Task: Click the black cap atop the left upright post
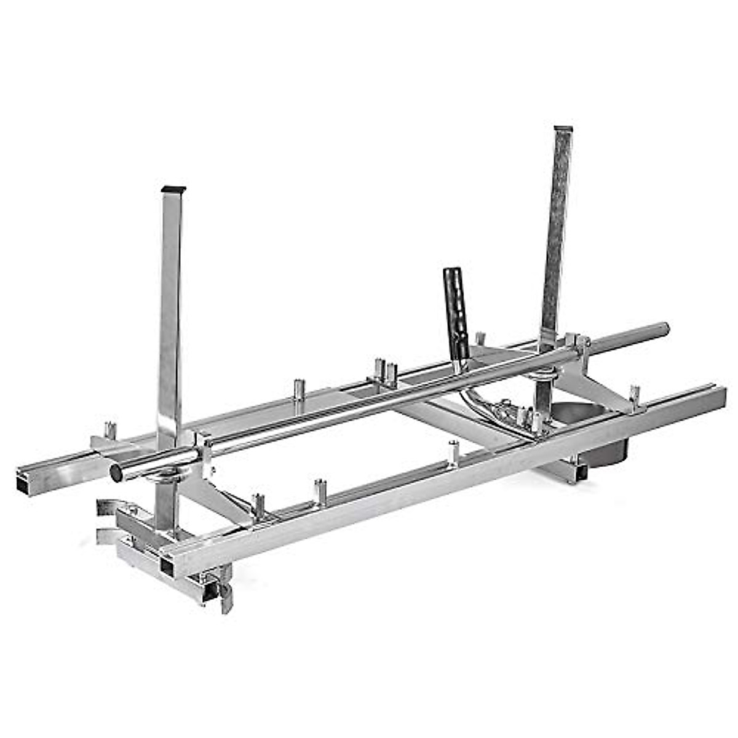[173, 188]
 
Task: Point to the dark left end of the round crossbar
[116, 472]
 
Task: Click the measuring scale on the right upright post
[557, 234]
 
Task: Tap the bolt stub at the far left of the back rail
[110, 429]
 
